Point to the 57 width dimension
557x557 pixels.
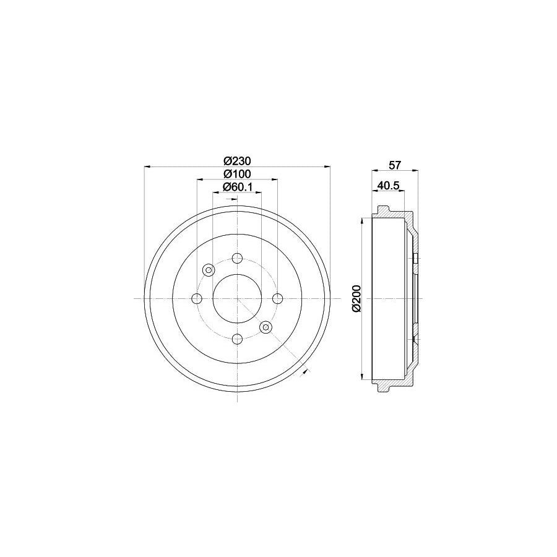(x=395, y=165)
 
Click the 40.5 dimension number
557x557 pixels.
(x=389, y=185)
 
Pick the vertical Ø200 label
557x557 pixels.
(x=355, y=298)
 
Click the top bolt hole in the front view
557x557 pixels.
(x=237, y=259)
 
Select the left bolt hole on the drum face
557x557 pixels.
(x=197, y=299)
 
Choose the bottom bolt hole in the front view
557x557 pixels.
(x=237, y=339)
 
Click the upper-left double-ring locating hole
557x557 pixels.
(x=209, y=270)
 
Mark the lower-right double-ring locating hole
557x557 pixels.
(x=266, y=327)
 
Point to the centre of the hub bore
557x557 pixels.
(x=237, y=299)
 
